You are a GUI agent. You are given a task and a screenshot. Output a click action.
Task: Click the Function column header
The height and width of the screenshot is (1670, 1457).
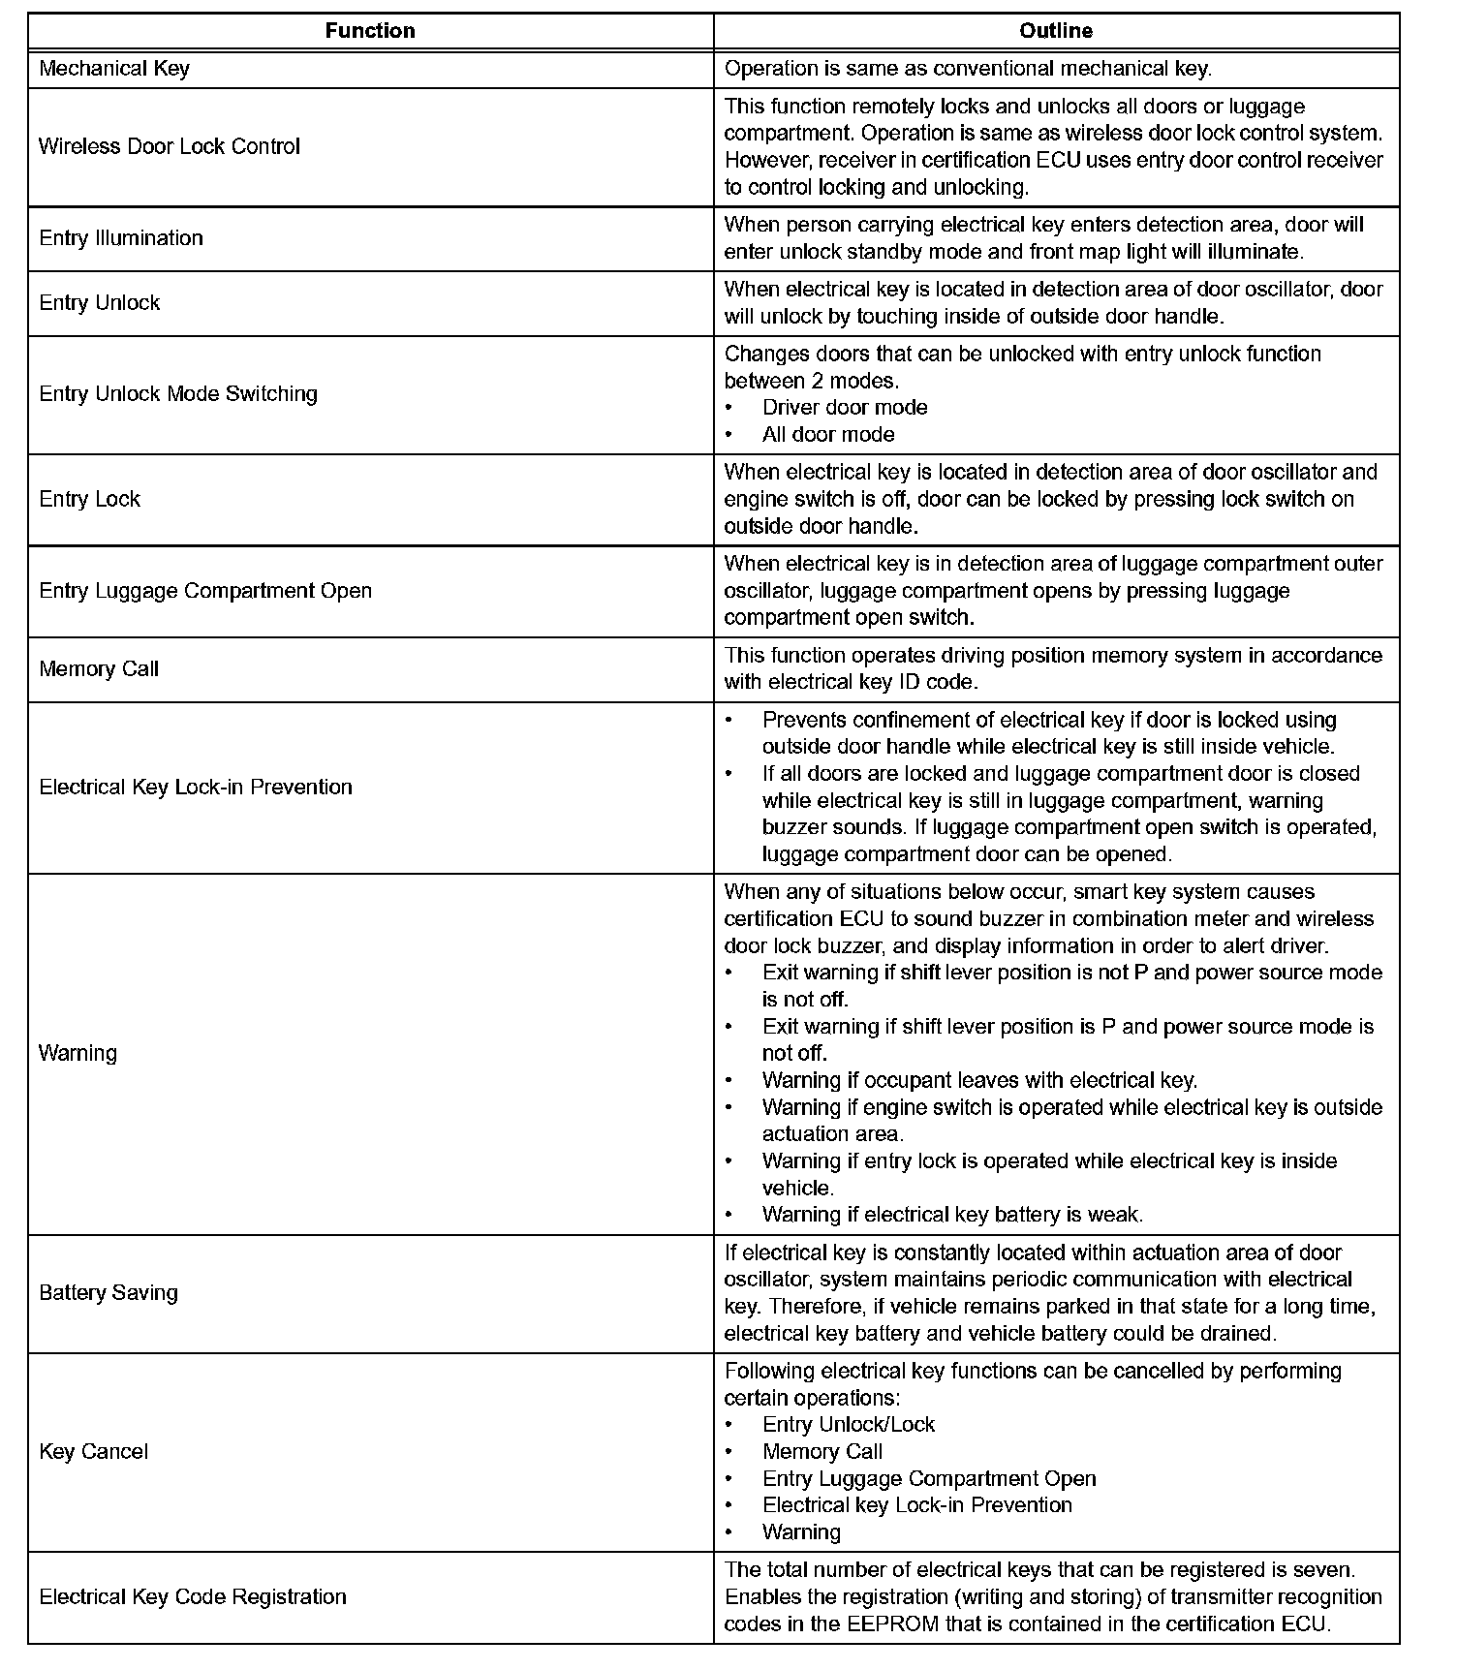tap(370, 31)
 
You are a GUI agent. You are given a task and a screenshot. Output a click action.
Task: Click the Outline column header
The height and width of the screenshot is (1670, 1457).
tap(1055, 31)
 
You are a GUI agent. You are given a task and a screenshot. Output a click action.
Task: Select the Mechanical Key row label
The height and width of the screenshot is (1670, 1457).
tap(114, 69)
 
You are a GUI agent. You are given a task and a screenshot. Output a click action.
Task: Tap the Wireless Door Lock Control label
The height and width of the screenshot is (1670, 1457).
tap(170, 146)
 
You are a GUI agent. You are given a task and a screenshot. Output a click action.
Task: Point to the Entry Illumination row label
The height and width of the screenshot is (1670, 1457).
tap(121, 238)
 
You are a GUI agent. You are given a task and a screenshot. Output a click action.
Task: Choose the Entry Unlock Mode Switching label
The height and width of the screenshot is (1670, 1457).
tap(178, 394)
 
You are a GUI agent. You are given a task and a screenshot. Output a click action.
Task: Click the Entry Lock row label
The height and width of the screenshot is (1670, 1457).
tap(90, 500)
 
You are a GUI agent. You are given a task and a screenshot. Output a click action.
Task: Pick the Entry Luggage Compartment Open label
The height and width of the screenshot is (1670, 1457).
tap(205, 591)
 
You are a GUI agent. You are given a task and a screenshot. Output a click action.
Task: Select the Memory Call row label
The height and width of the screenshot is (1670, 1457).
tap(99, 669)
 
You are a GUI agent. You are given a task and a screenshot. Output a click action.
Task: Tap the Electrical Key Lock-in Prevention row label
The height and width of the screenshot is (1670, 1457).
tap(196, 788)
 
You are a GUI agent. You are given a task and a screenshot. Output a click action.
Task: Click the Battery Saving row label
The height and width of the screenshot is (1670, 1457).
tap(108, 1293)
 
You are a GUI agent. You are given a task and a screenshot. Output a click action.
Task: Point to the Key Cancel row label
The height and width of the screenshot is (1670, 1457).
tap(94, 1452)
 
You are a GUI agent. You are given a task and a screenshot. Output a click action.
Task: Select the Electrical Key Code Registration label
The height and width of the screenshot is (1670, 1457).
tap(193, 1597)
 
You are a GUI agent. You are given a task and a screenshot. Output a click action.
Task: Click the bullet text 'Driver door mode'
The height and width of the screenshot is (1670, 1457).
tap(845, 408)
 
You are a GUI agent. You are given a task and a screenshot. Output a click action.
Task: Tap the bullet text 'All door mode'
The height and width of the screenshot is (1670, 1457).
tap(828, 435)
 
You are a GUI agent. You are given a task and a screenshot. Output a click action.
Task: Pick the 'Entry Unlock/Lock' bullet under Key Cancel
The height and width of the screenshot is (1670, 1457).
tap(849, 1425)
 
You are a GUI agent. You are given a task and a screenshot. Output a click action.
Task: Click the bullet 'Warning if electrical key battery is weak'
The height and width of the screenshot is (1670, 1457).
tap(952, 1215)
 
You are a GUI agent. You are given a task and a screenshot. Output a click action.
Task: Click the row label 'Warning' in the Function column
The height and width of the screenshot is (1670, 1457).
tap(77, 1054)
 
